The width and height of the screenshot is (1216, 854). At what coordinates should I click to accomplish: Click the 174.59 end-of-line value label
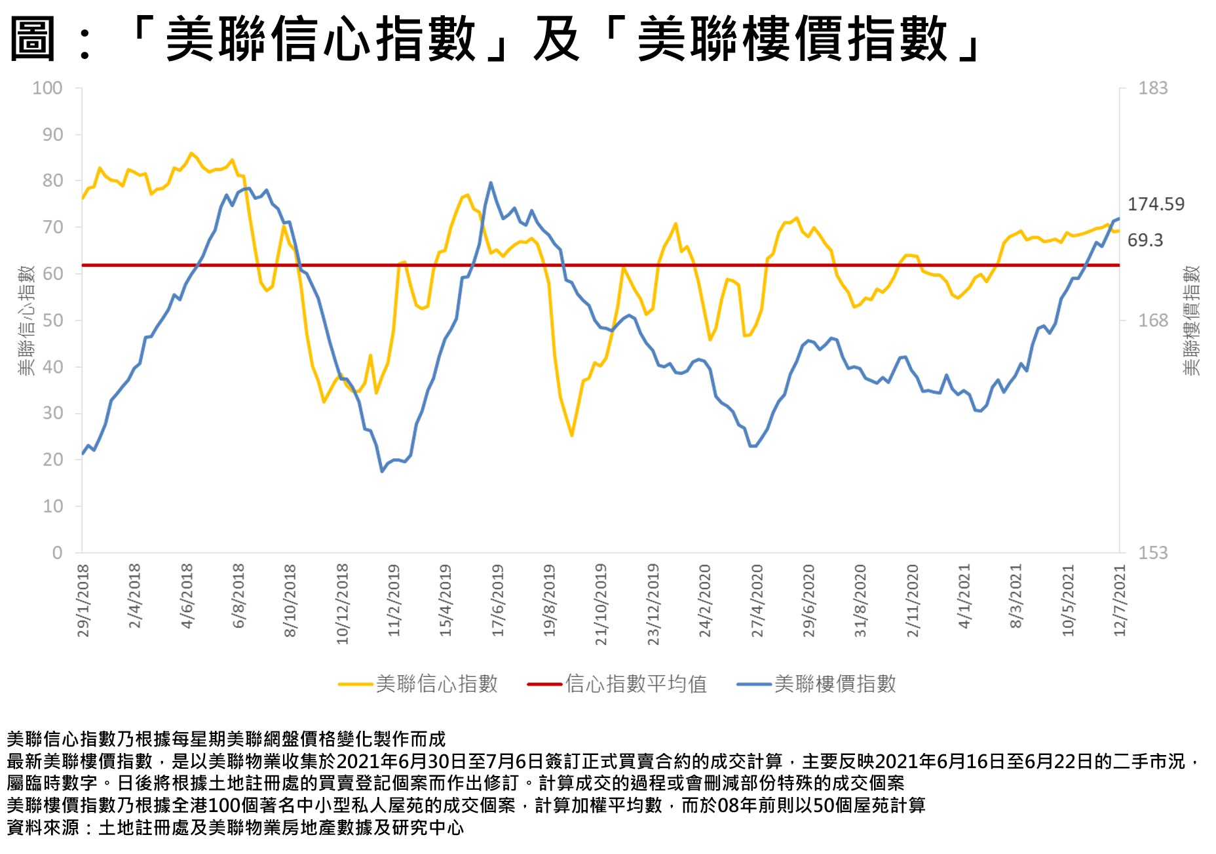[1156, 204]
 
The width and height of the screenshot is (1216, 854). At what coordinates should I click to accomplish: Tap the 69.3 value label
[1145, 241]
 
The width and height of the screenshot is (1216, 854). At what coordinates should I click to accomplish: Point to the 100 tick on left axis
[48, 88]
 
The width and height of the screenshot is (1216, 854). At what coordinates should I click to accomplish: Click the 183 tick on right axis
[1153, 88]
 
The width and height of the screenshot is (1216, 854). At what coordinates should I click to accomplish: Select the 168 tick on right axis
[1153, 320]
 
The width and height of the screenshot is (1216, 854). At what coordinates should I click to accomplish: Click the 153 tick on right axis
[1153, 553]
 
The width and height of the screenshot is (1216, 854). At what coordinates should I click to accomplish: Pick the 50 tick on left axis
[52, 320]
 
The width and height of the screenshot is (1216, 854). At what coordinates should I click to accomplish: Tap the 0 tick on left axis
[58, 553]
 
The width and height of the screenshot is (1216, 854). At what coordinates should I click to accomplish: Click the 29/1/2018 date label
[83, 600]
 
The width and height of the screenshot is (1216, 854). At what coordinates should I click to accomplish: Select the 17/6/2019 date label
[498, 600]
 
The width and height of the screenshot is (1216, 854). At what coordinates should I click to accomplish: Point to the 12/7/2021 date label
[1120, 600]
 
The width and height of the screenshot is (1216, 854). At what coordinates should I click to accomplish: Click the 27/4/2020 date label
[757, 600]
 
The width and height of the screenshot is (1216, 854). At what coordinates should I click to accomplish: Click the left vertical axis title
[26, 320]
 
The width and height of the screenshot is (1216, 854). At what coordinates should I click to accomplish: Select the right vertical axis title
[1191, 320]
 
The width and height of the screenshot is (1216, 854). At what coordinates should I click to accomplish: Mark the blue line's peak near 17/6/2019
[491, 183]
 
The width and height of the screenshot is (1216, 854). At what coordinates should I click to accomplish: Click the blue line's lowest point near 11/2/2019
[382, 471]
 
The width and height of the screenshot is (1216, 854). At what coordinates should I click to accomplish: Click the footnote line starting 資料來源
[235, 828]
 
